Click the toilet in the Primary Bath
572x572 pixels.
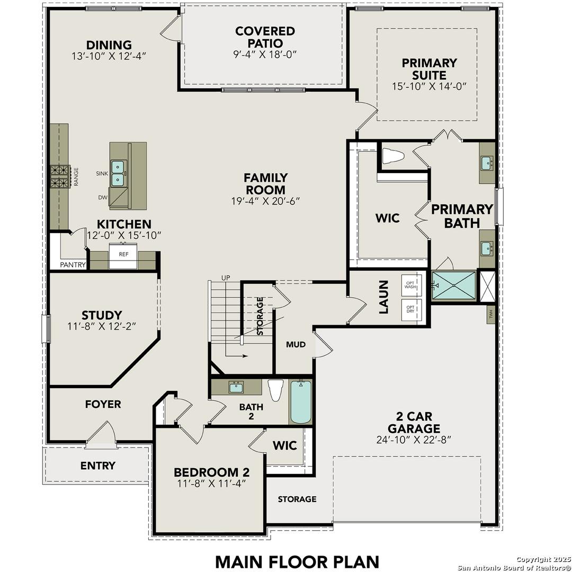[392, 156]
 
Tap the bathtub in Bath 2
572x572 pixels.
[301, 402]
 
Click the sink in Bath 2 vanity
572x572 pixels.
[236, 387]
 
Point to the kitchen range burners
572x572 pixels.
[60, 176]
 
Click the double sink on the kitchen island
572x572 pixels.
[119, 173]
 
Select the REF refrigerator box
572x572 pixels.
[123, 255]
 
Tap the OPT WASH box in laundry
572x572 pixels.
[411, 285]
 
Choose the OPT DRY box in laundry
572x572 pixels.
[411, 309]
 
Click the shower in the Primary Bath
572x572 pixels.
[454, 285]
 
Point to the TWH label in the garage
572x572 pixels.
[491, 313]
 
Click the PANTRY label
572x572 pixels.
[73, 265]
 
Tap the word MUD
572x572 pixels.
[296, 345]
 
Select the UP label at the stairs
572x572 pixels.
[226, 278]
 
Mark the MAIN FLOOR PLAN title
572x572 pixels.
[297, 561]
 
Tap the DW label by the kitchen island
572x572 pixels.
[102, 198]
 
